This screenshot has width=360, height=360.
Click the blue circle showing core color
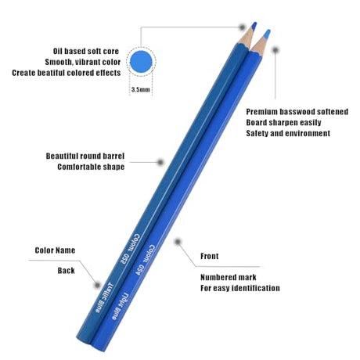pyautogui.click(x=141, y=62)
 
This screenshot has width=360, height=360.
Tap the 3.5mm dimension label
pyautogui.click(x=141, y=90)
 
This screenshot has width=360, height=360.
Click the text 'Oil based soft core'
pyautogui.click(x=86, y=51)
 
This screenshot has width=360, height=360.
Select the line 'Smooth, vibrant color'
pyautogui.click(x=83, y=62)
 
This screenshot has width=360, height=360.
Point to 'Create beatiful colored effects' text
pyautogui.click(x=67, y=73)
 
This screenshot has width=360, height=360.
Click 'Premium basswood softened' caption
pyautogui.click(x=297, y=112)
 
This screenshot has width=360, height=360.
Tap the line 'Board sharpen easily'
pyautogui.click(x=283, y=123)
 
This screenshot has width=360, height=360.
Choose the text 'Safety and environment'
pyautogui.click(x=288, y=133)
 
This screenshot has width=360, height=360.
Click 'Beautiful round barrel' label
pyautogui.click(x=85, y=156)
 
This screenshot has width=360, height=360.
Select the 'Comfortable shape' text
pyautogui.click(x=91, y=167)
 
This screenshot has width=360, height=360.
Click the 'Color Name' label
pyautogui.click(x=55, y=250)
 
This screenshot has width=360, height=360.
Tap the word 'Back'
pyautogui.click(x=67, y=271)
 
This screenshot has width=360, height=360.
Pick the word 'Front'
pyautogui.click(x=210, y=256)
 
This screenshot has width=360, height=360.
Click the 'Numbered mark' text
pyautogui.click(x=229, y=277)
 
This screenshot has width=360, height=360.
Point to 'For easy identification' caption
pyautogui.click(x=240, y=288)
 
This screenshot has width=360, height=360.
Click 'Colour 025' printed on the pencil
pyautogui.click(x=130, y=248)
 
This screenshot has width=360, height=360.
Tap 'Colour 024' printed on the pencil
pyautogui.click(x=145, y=260)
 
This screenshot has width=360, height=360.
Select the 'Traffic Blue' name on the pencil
pyautogui.click(x=104, y=297)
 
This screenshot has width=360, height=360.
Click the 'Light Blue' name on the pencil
pyautogui.click(x=120, y=306)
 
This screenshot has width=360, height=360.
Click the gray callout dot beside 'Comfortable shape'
pyautogui.click(x=160, y=162)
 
